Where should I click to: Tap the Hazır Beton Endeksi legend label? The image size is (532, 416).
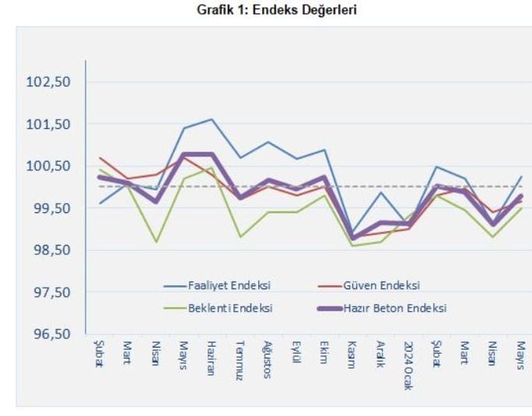tap(397, 308)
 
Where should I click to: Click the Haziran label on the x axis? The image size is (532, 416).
tap(211, 358)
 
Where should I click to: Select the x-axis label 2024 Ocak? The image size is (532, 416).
tap(408, 365)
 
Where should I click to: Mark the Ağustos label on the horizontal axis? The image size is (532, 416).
tap(268, 359)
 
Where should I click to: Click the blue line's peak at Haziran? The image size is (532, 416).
tap(212, 119)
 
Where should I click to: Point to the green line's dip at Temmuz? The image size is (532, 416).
tap(240, 236)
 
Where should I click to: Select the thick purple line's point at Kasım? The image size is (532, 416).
tap(352, 237)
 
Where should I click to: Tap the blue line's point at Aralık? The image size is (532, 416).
tap(380, 192)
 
